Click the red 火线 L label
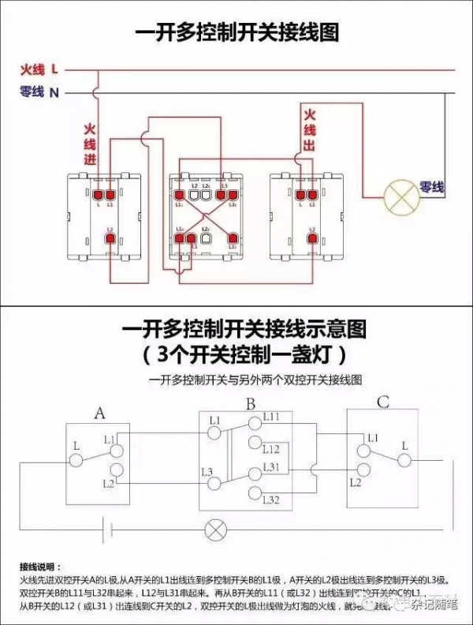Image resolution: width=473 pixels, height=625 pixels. pyautogui.click(x=39, y=69)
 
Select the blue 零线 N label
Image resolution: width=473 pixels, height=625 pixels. pyautogui.click(x=39, y=92)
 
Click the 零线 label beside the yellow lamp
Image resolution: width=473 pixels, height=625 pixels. pyautogui.click(x=432, y=187)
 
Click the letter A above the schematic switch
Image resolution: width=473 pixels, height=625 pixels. pyautogui.click(x=99, y=413)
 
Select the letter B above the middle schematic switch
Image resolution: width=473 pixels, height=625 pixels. pyautogui.click(x=250, y=405)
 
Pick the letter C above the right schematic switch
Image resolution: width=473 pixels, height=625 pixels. pyautogui.click(x=382, y=402)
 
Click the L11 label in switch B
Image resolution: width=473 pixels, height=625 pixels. pyautogui.click(x=271, y=416)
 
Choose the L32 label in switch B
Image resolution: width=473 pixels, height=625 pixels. pyautogui.click(x=271, y=500)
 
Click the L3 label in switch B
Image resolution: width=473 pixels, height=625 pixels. pyautogui.click(x=207, y=472)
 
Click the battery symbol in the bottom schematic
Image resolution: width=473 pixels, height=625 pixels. pyautogui.click(x=110, y=530)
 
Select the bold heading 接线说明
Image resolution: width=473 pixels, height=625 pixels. pyautogui.click(x=39, y=567)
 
